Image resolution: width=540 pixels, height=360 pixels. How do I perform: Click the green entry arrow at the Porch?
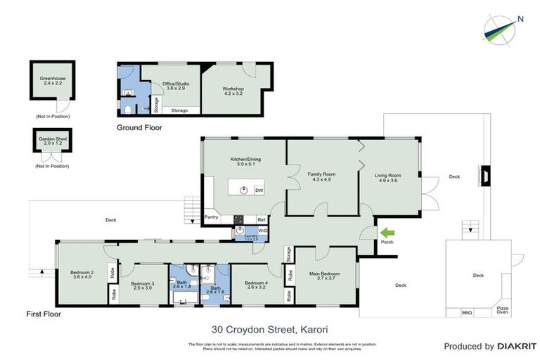click(x=387, y=232)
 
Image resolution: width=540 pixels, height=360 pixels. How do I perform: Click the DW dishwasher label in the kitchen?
click(x=259, y=191)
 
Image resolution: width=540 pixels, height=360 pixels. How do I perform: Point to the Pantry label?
click(x=212, y=217)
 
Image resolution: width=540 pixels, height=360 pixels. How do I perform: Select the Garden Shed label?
click(x=53, y=140)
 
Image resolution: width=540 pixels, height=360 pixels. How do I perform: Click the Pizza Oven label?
click(x=501, y=310)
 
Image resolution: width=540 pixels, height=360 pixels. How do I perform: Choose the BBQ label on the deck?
click(x=467, y=312)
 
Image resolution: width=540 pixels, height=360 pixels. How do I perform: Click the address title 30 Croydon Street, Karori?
click(x=269, y=328)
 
